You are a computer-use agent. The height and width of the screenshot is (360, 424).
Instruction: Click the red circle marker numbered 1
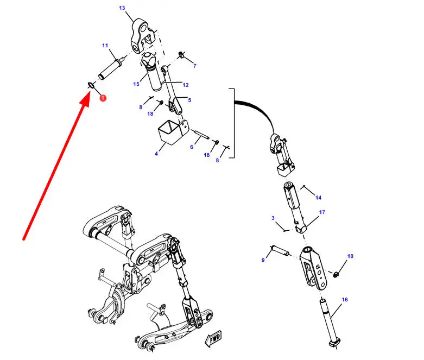(103, 98)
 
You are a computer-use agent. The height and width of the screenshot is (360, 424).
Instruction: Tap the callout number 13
(122, 8)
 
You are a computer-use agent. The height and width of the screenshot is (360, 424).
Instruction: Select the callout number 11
(105, 46)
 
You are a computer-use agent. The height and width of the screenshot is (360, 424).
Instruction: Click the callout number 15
(136, 84)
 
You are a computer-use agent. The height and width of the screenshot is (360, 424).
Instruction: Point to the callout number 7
(195, 66)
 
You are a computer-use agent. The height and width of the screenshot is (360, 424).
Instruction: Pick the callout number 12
(186, 85)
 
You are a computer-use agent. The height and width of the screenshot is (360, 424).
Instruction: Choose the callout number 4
(156, 154)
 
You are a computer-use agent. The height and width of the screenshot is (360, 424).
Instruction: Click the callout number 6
(192, 147)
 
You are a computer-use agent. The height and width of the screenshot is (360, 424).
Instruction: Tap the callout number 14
(318, 198)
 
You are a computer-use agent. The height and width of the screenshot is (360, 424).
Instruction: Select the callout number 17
(322, 212)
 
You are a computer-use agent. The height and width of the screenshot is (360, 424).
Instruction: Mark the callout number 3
(273, 218)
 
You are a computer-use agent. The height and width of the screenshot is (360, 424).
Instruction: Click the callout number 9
(263, 260)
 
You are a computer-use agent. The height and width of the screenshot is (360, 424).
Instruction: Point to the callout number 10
(350, 256)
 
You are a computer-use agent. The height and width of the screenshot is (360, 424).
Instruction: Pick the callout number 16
(345, 300)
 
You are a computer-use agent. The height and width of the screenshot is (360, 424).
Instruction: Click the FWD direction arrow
(214, 338)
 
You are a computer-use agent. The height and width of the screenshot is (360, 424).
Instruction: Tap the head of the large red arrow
(86, 99)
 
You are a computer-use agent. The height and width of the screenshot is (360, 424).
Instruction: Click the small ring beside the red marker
(91, 85)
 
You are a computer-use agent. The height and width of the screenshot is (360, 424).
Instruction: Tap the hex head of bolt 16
(335, 344)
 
